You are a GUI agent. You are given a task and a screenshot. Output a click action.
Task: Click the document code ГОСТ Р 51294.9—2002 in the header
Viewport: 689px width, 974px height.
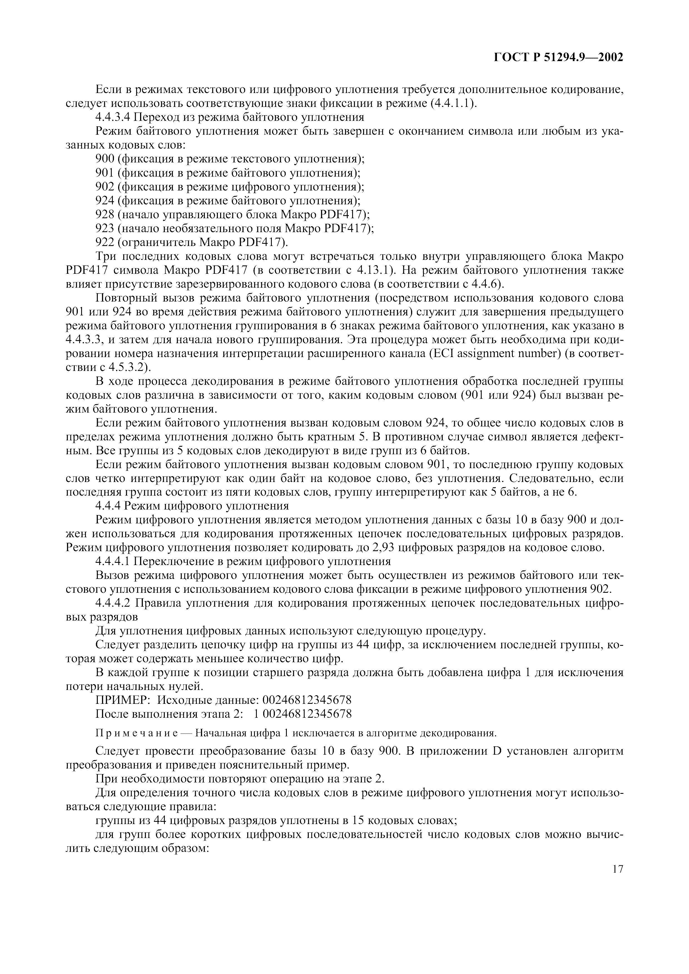(x=559, y=57)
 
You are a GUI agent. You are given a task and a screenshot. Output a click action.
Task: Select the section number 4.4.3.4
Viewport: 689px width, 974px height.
(x=112, y=117)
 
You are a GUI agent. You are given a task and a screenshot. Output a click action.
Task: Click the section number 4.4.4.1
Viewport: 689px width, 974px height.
(x=112, y=562)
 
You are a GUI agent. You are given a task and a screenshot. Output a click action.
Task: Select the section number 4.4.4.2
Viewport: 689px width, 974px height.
(x=112, y=603)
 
